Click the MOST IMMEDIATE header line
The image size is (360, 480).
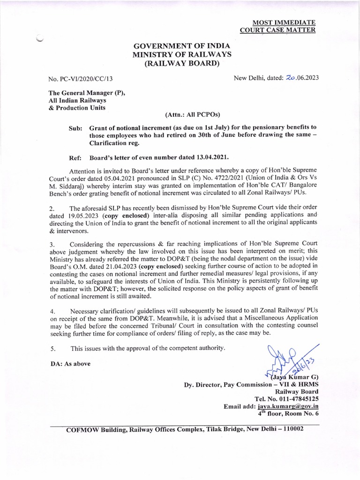284,22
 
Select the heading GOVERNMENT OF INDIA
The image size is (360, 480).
182,46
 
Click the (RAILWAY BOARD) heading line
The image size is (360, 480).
182,64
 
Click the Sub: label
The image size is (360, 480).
75,127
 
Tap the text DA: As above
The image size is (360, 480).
70,363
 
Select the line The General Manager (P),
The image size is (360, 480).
86,93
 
